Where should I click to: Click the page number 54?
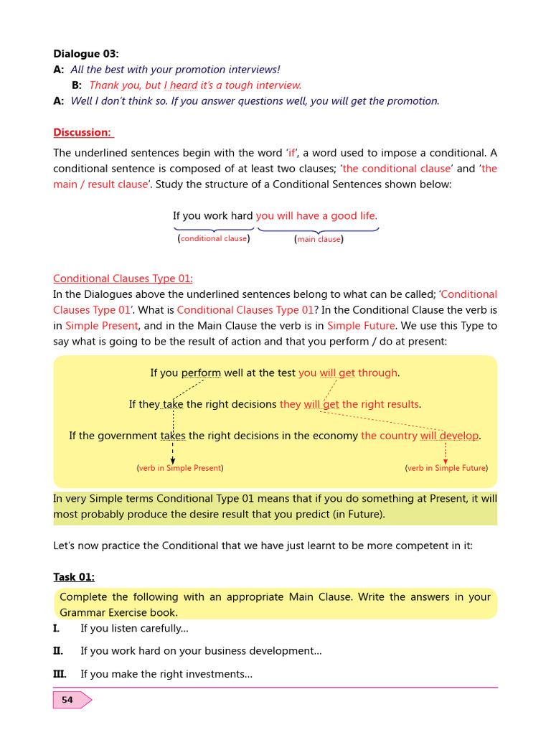67,700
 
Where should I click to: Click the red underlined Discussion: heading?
83,133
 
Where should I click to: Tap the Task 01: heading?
74,577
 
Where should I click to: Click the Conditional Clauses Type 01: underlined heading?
123,278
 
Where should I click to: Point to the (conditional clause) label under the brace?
214,238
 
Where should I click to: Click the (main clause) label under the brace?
319,239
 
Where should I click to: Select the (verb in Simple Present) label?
180,468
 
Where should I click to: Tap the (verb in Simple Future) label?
446,468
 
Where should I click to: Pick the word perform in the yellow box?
202,373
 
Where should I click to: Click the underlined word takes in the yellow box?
173,436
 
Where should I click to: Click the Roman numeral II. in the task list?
58,651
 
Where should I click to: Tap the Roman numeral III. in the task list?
60,674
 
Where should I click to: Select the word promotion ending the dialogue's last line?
413,101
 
